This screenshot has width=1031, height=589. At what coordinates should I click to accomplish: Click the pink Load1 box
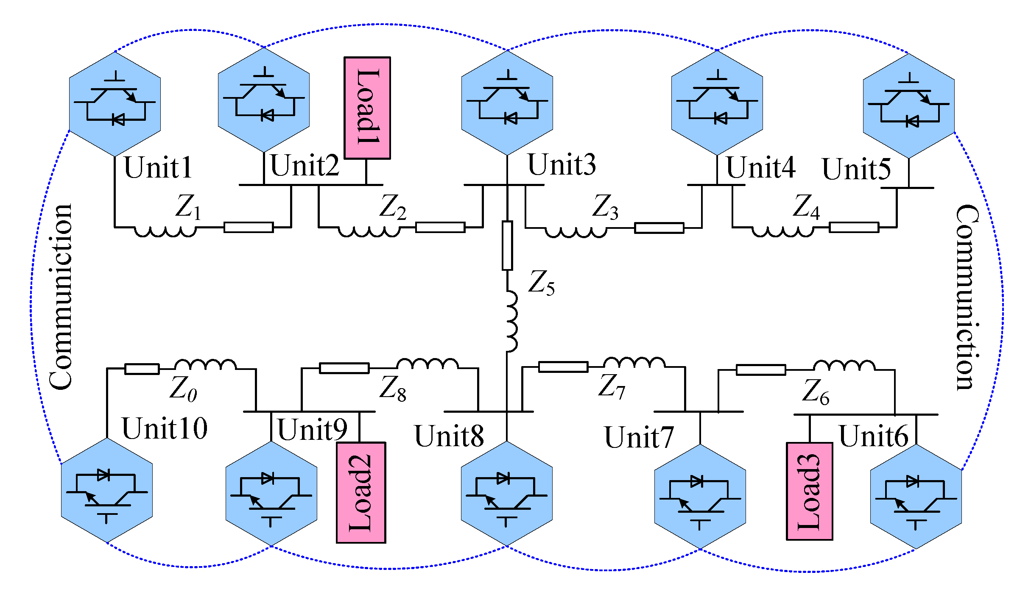click(x=367, y=108)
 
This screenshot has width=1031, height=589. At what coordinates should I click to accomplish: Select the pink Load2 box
click(x=361, y=492)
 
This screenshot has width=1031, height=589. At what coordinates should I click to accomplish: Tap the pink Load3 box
click(x=809, y=491)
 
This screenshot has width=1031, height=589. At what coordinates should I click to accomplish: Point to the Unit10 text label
click(x=165, y=428)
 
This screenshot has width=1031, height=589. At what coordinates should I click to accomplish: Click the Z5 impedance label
click(x=541, y=283)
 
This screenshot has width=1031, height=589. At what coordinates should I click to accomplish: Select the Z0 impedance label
click(x=183, y=389)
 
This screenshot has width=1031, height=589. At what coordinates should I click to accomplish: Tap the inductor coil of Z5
click(x=512, y=321)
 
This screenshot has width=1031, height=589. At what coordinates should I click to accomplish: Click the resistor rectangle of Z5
click(x=507, y=245)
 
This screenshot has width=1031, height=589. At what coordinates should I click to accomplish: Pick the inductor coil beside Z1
click(x=165, y=231)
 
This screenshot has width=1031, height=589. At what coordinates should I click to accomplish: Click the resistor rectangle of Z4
click(x=854, y=228)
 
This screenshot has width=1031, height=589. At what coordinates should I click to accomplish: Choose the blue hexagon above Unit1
click(x=115, y=104)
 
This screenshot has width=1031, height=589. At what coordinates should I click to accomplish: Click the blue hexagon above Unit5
click(x=908, y=106)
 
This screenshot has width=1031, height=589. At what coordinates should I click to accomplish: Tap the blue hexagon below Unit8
click(x=506, y=494)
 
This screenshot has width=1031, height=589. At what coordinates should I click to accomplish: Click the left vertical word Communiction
click(x=61, y=297)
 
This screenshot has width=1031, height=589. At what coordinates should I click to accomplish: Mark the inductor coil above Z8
click(x=427, y=364)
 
